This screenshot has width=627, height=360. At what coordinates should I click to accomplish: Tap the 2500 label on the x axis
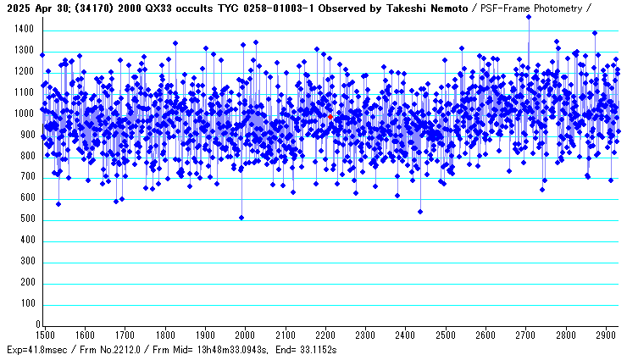tap(445, 335)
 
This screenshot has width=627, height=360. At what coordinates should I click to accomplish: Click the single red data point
tap(330, 116)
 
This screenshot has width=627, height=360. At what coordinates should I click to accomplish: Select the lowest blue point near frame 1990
tap(241, 218)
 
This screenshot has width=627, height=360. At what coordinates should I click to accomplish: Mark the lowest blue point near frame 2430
tap(420, 212)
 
